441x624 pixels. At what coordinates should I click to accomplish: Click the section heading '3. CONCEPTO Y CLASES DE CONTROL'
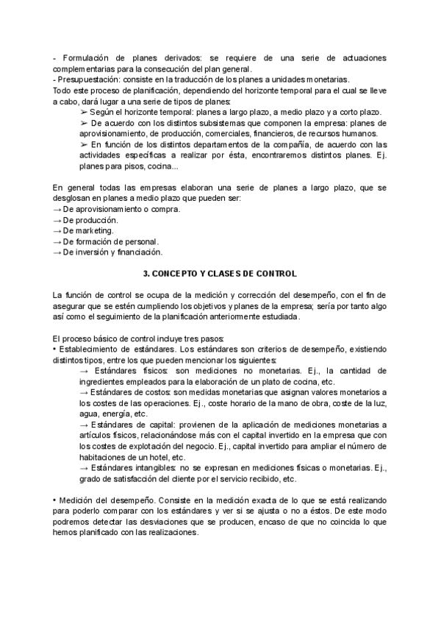(x=220, y=274)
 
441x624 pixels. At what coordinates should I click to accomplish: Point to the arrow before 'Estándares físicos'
(x=83, y=372)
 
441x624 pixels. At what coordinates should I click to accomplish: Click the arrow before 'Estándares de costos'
(x=83, y=393)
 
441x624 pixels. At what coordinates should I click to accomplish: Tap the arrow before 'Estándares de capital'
(x=83, y=425)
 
